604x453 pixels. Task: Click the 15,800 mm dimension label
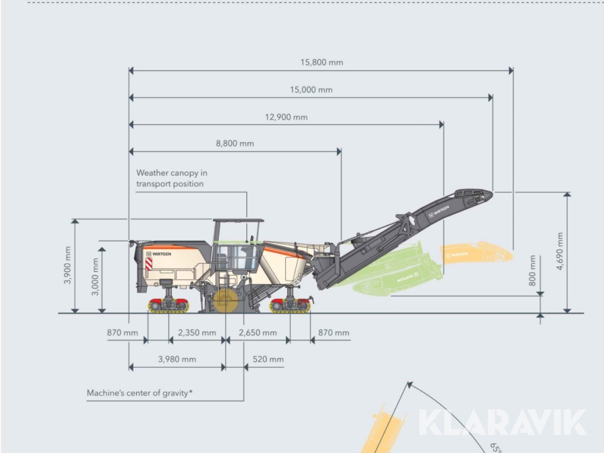coord(321,62)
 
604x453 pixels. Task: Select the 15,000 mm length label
coord(311,90)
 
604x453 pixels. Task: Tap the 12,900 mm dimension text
coord(286,117)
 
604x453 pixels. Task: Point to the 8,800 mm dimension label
coord(235,144)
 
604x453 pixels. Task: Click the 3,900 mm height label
coord(68,265)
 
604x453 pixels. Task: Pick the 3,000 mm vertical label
coord(95,276)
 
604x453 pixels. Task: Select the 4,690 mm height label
coord(560,251)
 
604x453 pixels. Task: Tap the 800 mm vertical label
coord(533,271)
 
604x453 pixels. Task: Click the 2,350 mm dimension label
coord(197,333)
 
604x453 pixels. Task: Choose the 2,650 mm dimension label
coord(258,333)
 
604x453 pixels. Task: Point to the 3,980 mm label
coord(177,360)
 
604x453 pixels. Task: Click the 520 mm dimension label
coord(268,360)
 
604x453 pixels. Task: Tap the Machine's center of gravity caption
coord(140,393)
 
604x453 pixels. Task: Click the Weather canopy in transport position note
coord(172,179)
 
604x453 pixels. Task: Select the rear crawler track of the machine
coord(168,305)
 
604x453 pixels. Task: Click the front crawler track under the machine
coord(290,305)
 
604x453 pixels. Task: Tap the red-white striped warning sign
coord(149,264)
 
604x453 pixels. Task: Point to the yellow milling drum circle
coord(225,301)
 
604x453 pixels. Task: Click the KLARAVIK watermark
coord(502,423)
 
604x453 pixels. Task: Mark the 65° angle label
coord(496,448)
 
